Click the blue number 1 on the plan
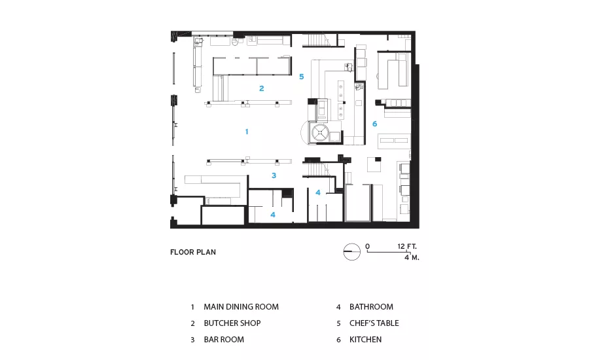tap(247, 132)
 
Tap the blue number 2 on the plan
tap(261, 88)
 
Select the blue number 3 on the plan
tap(274, 175)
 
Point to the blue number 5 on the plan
tap(301, 77)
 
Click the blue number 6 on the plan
tap(374, 124)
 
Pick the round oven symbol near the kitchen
tap(321, 132)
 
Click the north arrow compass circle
tap(352, 251)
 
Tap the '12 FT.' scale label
tap(407, 247)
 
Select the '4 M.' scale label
tap(412, 257)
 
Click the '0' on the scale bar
tap(367, 247)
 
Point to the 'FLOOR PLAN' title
tap(193, 252)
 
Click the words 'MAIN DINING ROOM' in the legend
tap(241, 306)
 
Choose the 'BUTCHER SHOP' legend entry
tap(232, 323)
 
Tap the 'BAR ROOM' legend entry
tap(224, 339)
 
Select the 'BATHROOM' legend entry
tap(371, 306)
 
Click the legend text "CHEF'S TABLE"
tap(374, 323)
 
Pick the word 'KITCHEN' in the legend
tap(365, 339)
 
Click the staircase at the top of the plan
tap(316, 40)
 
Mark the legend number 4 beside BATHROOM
tap(338, 307)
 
